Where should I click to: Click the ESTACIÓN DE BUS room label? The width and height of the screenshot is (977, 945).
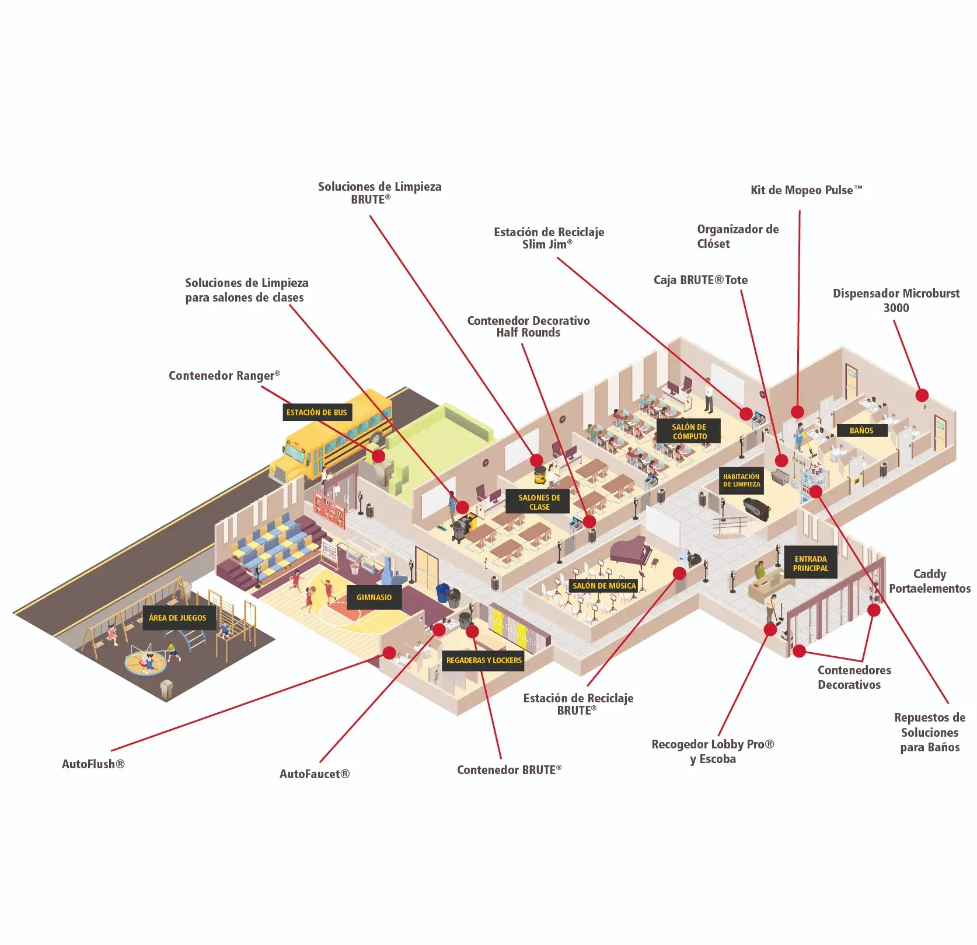click(317, 412)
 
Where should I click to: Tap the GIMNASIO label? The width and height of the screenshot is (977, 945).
click(374, 597)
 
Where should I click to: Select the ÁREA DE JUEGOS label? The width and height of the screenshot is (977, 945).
click(177, 618)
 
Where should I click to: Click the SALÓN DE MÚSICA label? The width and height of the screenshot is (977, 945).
click(604, 586)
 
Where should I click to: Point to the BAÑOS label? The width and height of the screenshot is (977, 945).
click(861, 430)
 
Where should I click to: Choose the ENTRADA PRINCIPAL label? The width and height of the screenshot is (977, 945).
click(811, 563)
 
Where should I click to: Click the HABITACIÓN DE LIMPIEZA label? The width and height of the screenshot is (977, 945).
click(741, 481)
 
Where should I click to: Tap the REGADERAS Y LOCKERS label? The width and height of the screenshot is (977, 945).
click(484, 660)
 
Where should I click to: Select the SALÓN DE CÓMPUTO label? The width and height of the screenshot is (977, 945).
click(689, 432)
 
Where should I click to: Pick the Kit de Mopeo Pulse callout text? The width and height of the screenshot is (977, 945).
click(806, 190)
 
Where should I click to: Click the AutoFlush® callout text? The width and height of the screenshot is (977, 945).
click(93, 764)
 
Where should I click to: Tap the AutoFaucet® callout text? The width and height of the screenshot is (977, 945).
click(315, 774)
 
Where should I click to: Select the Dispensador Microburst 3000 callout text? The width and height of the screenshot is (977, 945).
click(896, 300)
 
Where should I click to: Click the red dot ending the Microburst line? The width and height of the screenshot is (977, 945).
click(922, 395)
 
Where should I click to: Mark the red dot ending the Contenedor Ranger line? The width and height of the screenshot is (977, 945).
click(378, 456)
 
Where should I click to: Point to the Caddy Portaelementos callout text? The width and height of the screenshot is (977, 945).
click(930, 582)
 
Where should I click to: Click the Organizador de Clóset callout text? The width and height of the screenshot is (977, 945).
click(737, 236)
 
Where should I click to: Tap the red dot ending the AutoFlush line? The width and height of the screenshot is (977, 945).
click(389, 653)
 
